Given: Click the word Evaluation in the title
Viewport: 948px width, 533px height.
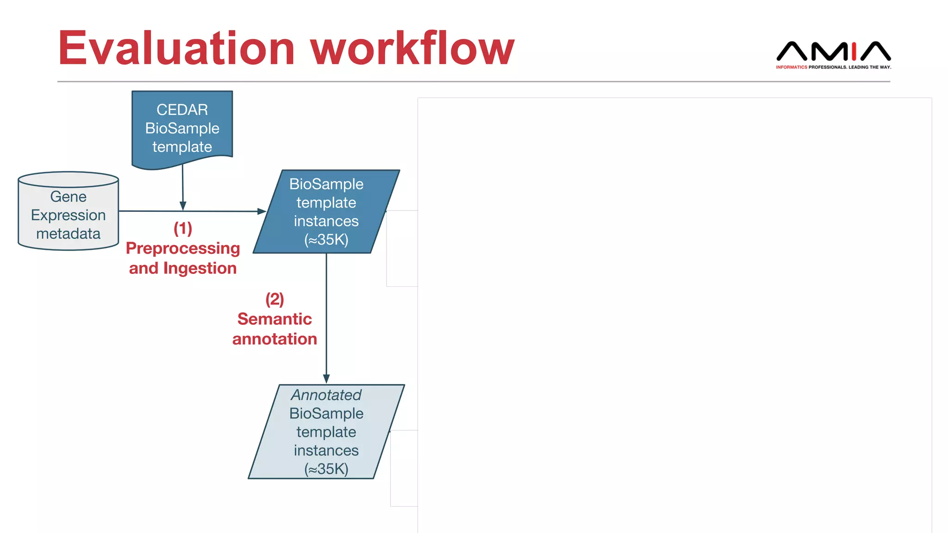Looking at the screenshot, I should click(176, 49).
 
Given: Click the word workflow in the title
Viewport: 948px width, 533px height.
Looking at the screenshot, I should click(412, 49).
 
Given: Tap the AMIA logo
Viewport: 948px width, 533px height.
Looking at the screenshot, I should click(833, 51).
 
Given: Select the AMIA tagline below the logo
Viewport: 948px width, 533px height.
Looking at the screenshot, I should click(833, 67).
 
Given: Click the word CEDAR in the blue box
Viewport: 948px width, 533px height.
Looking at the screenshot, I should click(182, 110).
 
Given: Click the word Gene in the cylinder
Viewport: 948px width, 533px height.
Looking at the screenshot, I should click(69, 197).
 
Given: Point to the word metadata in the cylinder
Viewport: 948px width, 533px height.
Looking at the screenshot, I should click(69, 234).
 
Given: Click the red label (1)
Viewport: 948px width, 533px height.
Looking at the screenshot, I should click(183, 228).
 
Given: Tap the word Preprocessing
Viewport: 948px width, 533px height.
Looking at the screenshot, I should click(183, 248).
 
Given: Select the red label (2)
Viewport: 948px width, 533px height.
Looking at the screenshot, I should click(274, 299).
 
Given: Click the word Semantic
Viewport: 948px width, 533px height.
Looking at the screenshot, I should click(274, 319).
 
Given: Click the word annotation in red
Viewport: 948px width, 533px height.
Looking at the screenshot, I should click(274, 339).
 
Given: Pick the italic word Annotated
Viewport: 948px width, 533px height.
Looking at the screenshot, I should click(326, 395).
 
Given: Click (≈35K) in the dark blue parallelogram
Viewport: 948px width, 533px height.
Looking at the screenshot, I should click(326, 239).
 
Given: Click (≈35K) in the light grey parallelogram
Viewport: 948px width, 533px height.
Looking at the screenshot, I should click(326, 469).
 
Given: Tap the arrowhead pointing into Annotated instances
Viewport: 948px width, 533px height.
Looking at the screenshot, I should click(326, 378).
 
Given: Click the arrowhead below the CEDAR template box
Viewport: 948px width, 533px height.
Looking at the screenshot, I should click(183, 206).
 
